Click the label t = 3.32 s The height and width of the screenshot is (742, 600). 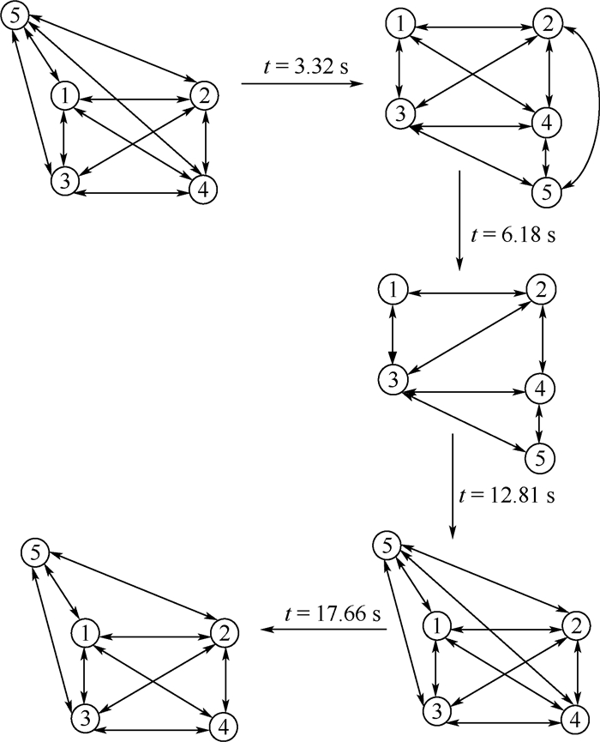(x=304, y=67)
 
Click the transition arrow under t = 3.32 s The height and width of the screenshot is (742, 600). (x=305, y=84)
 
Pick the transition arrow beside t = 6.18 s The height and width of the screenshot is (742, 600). (x=460, y=220)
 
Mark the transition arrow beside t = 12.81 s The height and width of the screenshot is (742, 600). (x=452, y=485)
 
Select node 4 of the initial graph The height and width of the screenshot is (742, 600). (x=202, y=191)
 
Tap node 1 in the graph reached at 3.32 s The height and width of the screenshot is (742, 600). (x=398, y=26)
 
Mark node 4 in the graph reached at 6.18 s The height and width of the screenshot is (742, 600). (x=540, y=389)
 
